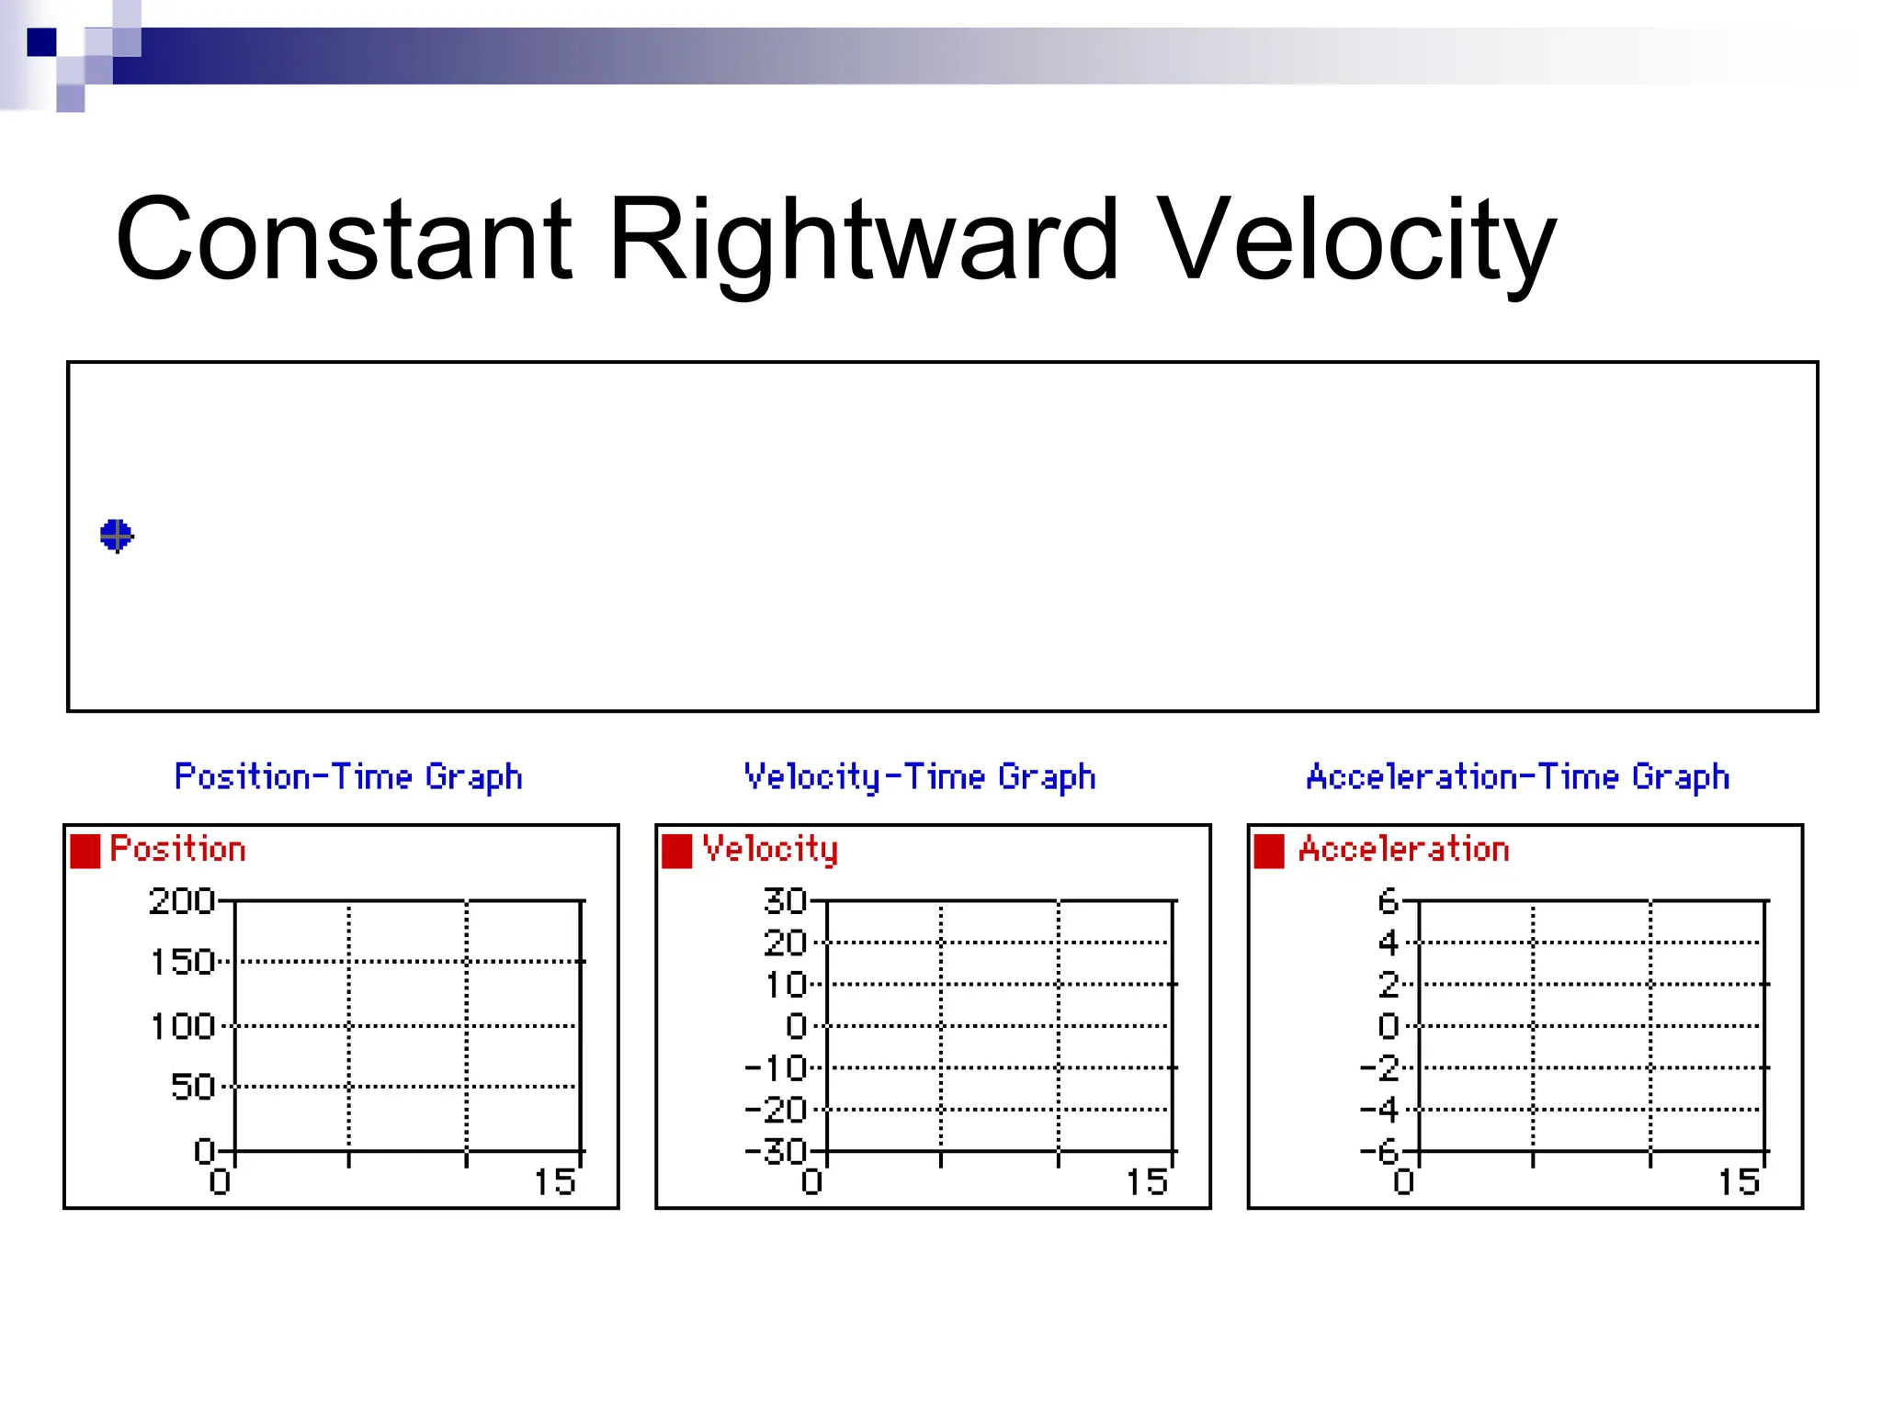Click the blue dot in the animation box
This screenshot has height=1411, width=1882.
point(117,535)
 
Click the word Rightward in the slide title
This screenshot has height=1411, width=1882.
point(862,241)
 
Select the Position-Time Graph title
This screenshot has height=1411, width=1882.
point(348,777)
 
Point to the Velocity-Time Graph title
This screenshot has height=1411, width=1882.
point(920,777)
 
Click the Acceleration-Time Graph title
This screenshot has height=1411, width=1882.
point(1517,777)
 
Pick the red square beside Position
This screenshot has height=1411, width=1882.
point(85,851)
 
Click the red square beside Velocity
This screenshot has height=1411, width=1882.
point(677,851)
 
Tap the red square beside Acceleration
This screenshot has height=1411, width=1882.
point(1269,851)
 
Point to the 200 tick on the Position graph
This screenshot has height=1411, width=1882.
point(182,901)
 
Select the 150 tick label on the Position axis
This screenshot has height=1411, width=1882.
point(182,962)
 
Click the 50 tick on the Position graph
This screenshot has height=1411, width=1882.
point(193,1087)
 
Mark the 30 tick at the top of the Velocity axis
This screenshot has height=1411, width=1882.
point(785,901)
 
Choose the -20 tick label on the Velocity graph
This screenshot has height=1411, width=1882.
point(776,1110)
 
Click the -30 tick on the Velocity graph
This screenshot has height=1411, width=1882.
point(776,1151)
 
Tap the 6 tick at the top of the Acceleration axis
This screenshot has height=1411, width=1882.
point(1388,901)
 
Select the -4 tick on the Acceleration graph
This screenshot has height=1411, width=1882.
point(1379,1110)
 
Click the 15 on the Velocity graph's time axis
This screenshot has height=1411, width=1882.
point(1147,1182)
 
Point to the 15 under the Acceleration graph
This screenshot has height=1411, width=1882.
point(1739,1182)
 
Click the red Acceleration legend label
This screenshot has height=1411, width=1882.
point(1403,849)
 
